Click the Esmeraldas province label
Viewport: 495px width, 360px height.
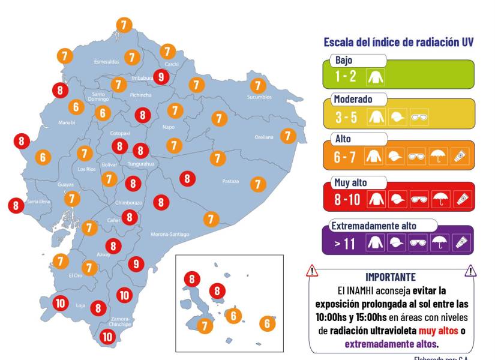pos(107,61)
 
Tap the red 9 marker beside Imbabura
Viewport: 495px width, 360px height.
pos(160,76)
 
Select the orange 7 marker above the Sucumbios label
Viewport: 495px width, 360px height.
pos(257,85)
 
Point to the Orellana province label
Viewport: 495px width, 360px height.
pos(263,137)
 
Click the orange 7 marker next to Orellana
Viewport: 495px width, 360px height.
pos(289,136)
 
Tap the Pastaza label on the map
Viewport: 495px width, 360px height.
pos(230,181)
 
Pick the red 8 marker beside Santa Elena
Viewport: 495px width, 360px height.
pos(16,205)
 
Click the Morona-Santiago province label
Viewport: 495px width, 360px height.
pos(170,234)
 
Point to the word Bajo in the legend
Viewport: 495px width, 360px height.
pos(344,61)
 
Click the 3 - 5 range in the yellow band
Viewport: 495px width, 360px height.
pos(346,117)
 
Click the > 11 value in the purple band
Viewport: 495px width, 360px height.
pos(346,242)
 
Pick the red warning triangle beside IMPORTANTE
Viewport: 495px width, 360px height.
pos(312,271)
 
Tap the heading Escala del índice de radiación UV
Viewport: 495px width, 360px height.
pos(398,42)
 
